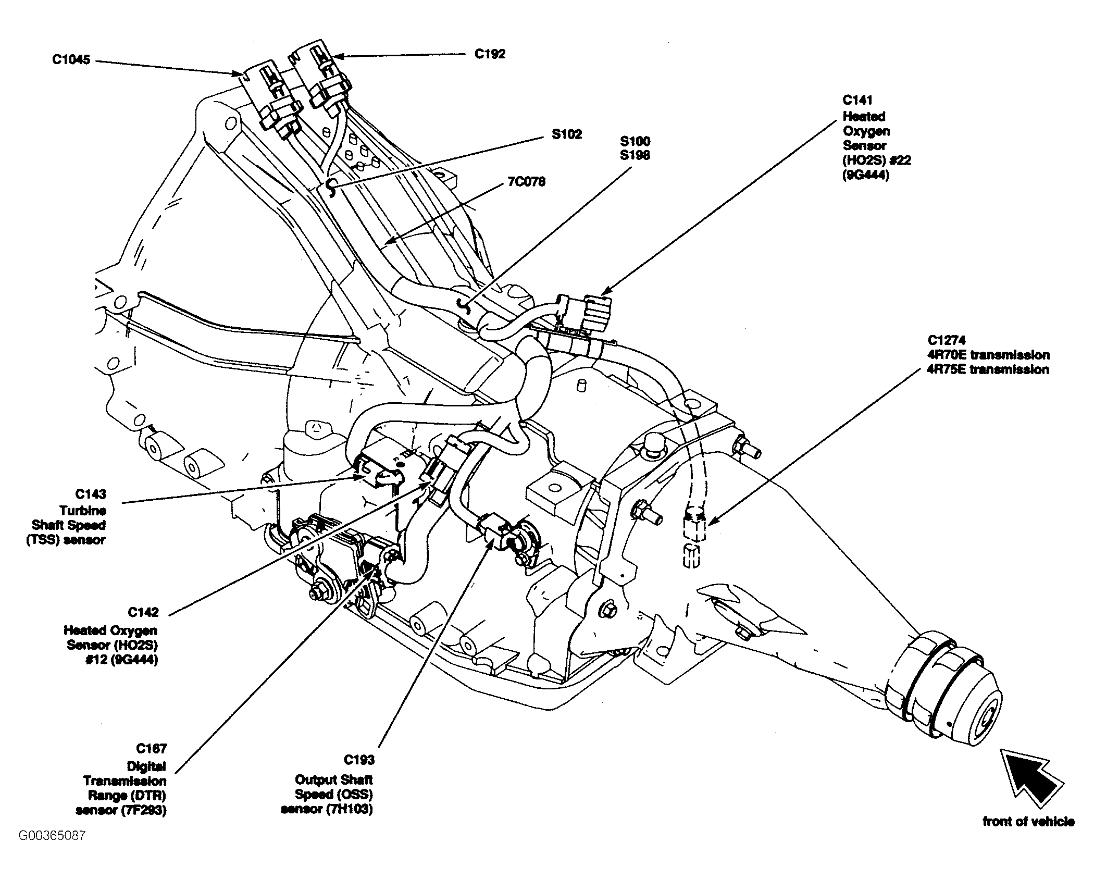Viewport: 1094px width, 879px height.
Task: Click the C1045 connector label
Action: coord(71,60)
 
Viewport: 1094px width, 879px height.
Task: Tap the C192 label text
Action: coord(490,54)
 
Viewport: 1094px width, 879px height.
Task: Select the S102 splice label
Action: coord(567,134)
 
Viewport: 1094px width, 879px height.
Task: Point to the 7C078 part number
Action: coord(526,182)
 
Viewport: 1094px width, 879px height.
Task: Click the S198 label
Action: coord(635,155)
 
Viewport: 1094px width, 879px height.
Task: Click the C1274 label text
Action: coord(947,340)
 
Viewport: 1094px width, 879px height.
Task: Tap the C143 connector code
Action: coord(91,494)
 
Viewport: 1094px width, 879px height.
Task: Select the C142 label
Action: coord(143,612)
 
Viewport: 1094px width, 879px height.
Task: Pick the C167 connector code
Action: coord(151,749)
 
